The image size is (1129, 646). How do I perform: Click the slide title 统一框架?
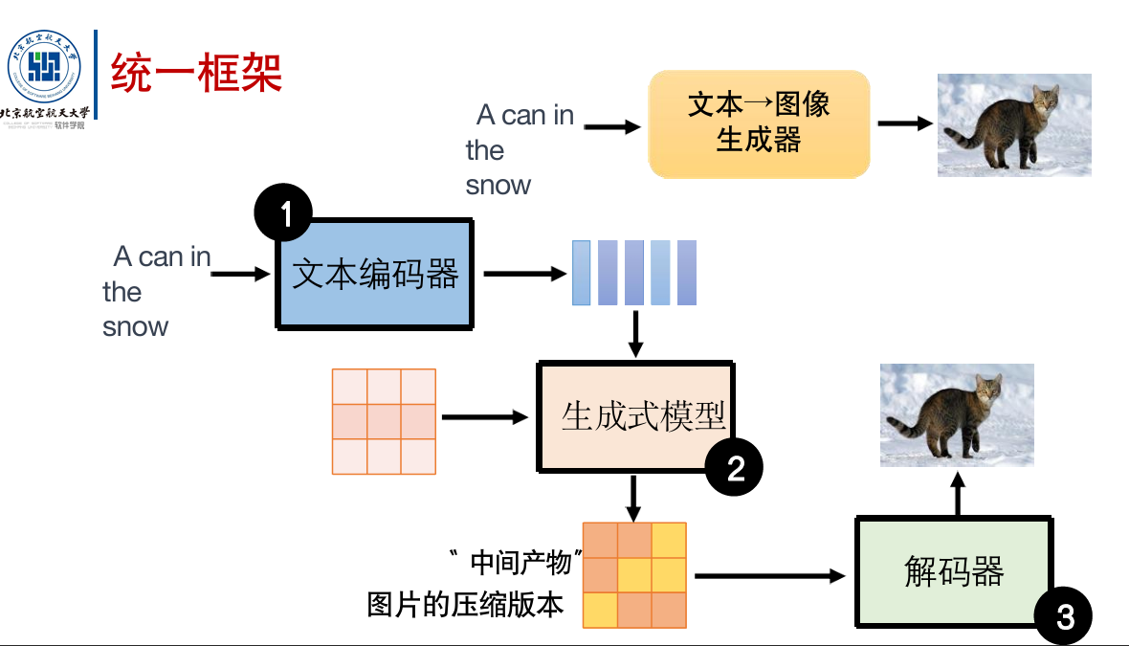(x=196, y=74)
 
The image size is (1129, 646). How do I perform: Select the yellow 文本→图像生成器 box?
(x=759, y=123)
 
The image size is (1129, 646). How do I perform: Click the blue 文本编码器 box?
(x=375, y=276)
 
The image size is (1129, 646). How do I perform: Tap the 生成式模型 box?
(x=637, y=416)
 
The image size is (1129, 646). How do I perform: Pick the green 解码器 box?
(x=953, y=572)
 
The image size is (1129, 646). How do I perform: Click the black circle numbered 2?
(x=734, y=467)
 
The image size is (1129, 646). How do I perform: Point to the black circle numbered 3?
(x=1063, y=616)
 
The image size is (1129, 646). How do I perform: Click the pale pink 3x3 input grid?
(x=384, y=421)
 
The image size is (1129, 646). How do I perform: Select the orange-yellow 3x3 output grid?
(x=634, y=575)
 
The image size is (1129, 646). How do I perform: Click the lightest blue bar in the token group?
(x=581, y=273)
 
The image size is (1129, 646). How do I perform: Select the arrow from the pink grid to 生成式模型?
(x=485, y=417)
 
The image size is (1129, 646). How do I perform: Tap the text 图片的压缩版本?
(x=465, y=605)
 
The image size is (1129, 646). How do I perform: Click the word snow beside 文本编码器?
(x=135, y=326)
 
